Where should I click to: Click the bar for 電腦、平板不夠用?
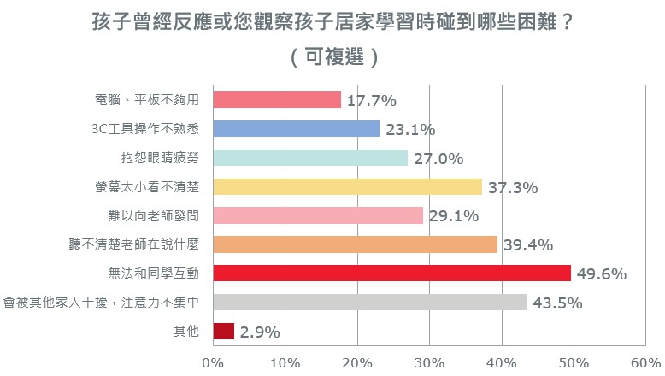click(277, 100)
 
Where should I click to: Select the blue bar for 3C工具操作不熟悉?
click(296, 128)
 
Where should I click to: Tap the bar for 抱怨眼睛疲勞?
click(310, 158)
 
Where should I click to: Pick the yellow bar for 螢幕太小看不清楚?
click(348, 186)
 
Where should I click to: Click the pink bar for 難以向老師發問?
click(318, 215)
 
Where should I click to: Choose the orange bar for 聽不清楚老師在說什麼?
click(356, 244)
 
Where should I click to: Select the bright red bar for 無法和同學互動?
click(391, 273)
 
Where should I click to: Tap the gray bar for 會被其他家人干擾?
click(370, 303)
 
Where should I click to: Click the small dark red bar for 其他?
click(223, 331)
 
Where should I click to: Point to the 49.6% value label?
click(602, 273)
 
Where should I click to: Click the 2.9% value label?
click(260, 332)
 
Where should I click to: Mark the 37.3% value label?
click(513, 187)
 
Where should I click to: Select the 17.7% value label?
click(372, 101)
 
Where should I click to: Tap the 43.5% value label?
click(557, 303)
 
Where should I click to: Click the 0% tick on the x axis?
click(213, 363)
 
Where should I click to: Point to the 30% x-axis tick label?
click(430, 363)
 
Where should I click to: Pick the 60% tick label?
click(645, 363)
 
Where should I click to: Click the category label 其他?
click(186, 331)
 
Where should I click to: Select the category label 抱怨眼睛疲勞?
click(160, 158)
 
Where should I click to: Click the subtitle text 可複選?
click(334, 56)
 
